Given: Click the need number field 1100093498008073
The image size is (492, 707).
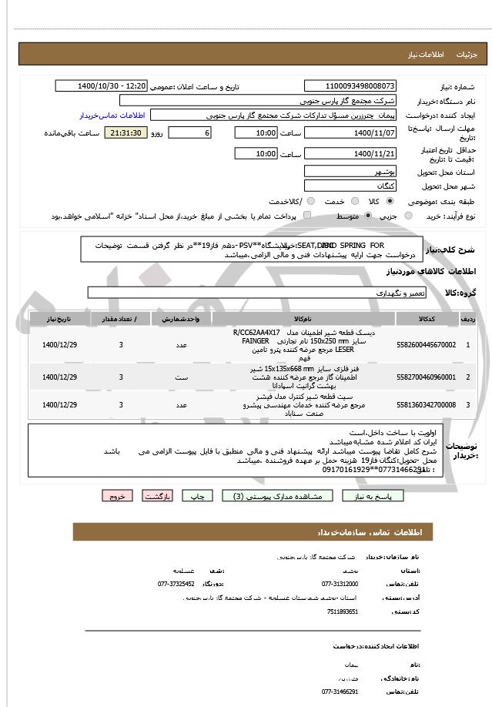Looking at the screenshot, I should [x=350, y=85].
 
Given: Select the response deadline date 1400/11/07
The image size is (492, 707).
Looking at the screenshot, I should [x=350, y=132].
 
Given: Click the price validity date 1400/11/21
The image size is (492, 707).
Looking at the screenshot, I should [x=350, y=153].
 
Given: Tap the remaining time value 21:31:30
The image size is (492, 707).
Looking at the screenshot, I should [x=123, y=132].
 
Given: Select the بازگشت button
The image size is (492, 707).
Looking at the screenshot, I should [x=157, y=496].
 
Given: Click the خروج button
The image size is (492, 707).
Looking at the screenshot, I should [x=117, y=496].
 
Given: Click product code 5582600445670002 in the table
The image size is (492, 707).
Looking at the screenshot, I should [x=425, y=344].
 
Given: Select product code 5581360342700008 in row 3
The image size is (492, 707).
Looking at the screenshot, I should [x=425, y=404].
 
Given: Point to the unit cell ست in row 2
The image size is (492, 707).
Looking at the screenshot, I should [x=182, y=377].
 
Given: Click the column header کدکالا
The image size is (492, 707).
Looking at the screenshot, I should [x=425, y=318].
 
